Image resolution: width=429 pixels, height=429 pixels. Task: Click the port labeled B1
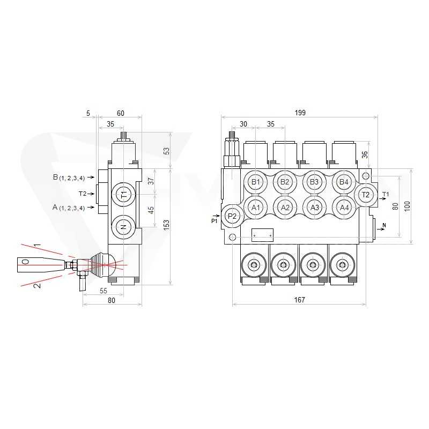256,182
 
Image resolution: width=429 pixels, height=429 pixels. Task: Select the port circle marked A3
315,208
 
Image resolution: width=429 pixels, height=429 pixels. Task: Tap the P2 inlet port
232,216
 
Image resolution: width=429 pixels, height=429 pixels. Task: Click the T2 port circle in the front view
366,195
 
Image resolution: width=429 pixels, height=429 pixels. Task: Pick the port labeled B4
344,182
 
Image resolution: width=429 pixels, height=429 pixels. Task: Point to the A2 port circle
285,208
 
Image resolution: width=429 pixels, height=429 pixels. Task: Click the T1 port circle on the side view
124,195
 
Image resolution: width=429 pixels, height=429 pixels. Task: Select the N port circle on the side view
124,227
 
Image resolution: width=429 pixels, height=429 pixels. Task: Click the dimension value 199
300,113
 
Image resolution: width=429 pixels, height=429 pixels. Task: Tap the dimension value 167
300,300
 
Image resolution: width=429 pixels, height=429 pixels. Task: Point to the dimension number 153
166,225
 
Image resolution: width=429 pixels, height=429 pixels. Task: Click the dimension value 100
408,206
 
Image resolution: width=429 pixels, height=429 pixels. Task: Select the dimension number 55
103,291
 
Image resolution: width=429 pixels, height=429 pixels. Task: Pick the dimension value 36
365,155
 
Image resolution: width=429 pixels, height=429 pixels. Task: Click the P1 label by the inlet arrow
214,221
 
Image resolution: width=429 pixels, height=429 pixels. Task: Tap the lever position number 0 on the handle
25,262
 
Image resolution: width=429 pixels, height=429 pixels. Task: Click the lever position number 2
37,285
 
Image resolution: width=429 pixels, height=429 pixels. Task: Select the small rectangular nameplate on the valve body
262,235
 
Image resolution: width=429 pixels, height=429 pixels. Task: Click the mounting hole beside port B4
366,175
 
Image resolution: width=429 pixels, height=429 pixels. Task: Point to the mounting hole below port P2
232,237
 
